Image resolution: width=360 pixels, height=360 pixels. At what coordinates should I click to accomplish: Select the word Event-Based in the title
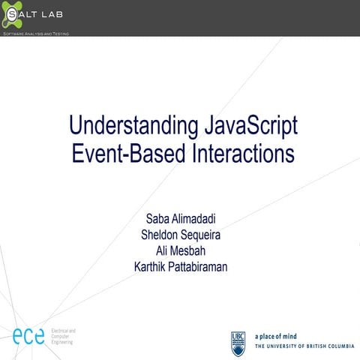coord(121,154)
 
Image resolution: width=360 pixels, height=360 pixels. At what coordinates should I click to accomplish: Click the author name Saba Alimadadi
coord(180,220)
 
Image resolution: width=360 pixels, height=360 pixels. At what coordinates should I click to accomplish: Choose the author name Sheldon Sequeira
coord(180,235)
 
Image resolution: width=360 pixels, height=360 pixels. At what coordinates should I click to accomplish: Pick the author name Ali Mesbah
coord(180,251)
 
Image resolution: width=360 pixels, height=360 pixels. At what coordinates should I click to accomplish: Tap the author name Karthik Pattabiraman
coord(180,267)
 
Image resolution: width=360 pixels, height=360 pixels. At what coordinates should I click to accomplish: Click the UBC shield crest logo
coord(238,342)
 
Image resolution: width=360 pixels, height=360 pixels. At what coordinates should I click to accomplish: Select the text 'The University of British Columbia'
coord(304,346)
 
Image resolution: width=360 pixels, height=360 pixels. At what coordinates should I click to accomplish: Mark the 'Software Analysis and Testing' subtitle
coord(36,34)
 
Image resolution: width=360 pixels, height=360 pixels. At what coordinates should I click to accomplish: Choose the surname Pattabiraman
coord(204,267)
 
